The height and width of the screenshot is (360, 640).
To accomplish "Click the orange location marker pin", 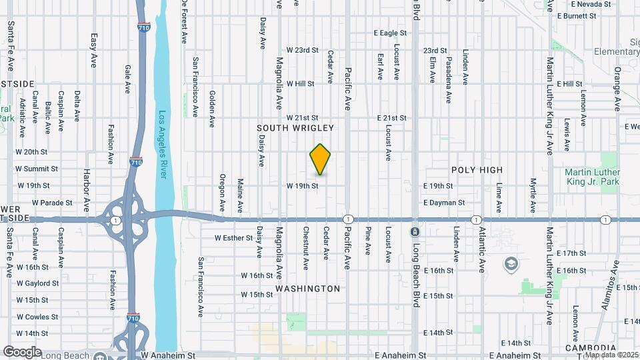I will [321, 159].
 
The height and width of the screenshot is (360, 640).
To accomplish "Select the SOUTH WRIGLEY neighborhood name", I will [295, 127].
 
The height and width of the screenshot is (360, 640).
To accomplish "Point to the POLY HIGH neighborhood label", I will [477, 170].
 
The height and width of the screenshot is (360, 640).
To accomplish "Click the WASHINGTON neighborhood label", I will [308, 289].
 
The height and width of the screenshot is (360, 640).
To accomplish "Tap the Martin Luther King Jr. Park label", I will [593, 177].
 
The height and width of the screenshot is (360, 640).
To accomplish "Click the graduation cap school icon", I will [511, 264].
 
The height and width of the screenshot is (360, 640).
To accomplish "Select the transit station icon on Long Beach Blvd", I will [415, 231].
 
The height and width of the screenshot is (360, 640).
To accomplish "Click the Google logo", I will [22, 351].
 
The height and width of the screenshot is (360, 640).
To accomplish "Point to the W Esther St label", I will [235, 237].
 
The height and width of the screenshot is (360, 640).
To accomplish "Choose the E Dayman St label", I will [443, 203].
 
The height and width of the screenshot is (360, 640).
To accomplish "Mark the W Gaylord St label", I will [37, 283].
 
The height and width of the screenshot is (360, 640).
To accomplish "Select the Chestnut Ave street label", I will [305, 248].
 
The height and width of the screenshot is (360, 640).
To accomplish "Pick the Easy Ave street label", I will [94, 50].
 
